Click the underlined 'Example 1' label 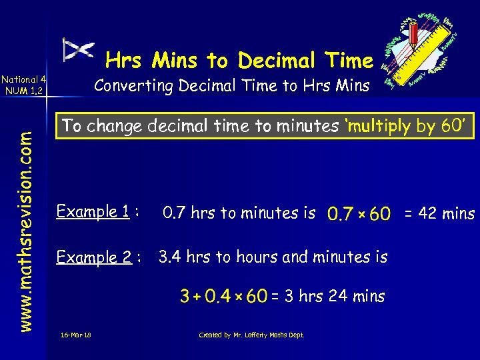pos(93,212)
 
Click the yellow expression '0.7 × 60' pos(359,214)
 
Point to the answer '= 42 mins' pos(438,213)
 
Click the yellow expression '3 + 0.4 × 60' pos(223,296)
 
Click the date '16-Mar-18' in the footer pos(75,335)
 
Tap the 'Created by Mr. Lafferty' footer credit pos(251,335)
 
